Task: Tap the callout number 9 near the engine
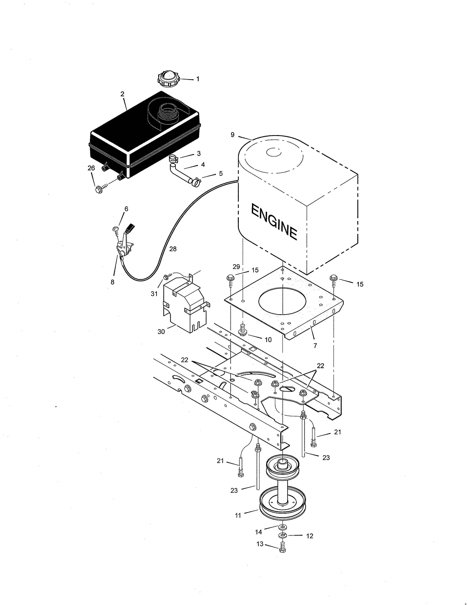[x=232, y=135]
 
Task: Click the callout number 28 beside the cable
[x=173, y=249]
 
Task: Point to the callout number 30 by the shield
[x=161, y=332]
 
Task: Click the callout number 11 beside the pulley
[x=238, y=516]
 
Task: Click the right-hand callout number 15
[x=360, y=284]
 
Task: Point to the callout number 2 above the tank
[x=122, y=94]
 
